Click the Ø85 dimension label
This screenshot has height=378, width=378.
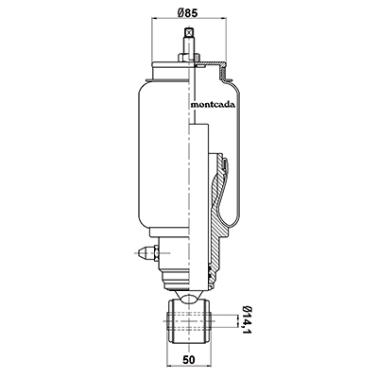click(187, 13)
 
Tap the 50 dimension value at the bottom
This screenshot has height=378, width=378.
click(188, 359)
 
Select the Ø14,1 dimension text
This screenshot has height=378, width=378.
click(246, 322)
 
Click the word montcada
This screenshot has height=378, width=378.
click(213, 105)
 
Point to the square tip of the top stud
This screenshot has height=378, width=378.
click(189, 32)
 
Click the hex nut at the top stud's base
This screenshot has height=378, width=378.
click(189, 58)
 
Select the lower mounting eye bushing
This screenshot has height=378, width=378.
click(188, 322)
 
